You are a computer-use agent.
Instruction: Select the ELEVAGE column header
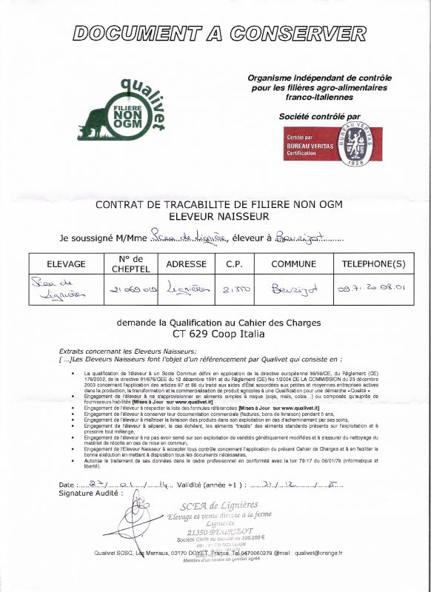click(x=66, y=264)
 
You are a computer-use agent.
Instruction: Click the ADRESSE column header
click(x=185, y=264)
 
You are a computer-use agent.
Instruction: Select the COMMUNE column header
click(x=293, y=264)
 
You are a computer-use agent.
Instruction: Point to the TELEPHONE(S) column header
click(x=373, y=264)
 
